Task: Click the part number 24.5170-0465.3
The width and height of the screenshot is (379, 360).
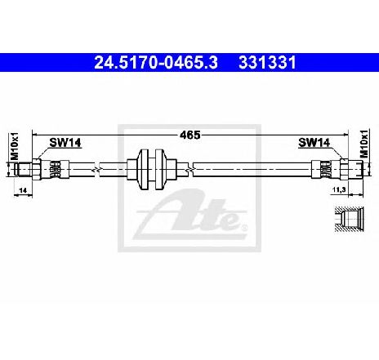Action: pos(156,63)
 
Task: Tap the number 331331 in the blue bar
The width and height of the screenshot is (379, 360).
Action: pos(267,63)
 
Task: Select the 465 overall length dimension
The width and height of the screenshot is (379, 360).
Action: pos(189,135)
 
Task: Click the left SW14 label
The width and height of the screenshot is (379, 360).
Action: pos(65,142)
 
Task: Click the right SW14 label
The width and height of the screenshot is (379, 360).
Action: pos(314,142)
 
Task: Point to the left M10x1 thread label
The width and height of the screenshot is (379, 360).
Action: pos(14,146)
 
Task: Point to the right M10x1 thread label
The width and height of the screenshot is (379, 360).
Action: pos(363,143)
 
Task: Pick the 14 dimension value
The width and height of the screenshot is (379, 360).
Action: pos(23,190)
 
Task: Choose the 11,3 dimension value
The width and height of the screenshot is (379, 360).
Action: pos(339,190)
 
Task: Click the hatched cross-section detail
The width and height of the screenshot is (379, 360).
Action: pos(349,220)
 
